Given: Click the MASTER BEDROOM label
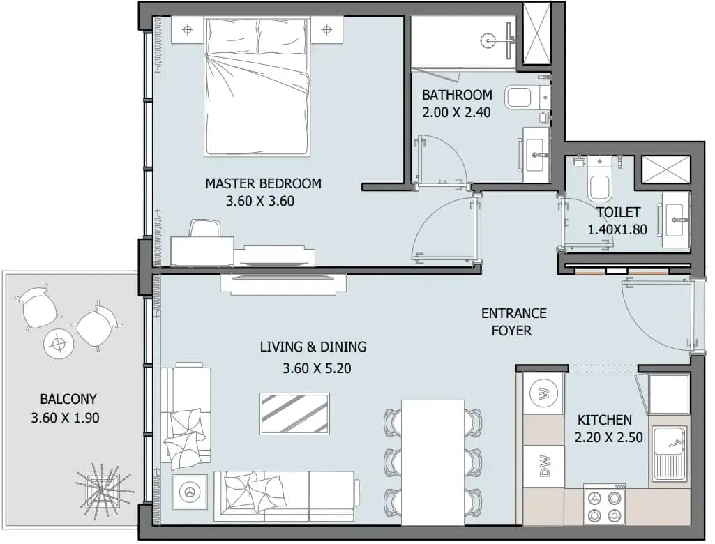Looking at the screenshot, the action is pyautogui.click(x=263, y=183).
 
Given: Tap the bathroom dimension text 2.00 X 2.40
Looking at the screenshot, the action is pyautogui.click(x=456, y=112).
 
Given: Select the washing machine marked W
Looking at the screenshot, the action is pyautogui.click(x=544, y=393).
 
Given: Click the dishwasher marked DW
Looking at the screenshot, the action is pyautogui.click(x=544, y=467).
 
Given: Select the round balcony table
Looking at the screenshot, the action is pyautogui.click(x=58, y=343).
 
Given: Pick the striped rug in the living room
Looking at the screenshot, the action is pyautogui.click(x=294, y=414).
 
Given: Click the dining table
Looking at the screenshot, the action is pyautogui.click(x=432, y=462).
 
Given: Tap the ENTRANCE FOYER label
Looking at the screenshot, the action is pyautogui.click(x=513, y=322).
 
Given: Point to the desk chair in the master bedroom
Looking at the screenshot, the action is pyautogui.click(x=204, y=228).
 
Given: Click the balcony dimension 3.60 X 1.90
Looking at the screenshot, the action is pyautogui.click(x=65, y=417).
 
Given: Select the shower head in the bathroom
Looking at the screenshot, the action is pyautogui.click(x=488, y=40).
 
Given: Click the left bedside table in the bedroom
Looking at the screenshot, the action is pyautogui.click(x=188, y=30).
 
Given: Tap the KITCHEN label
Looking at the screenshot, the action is pyautogui.click(x=604, y=420).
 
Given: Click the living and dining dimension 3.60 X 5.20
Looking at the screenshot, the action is pyautogui.click(x=317, y=368).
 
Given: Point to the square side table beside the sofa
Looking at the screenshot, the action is pyautogui.click(x=190, y=492).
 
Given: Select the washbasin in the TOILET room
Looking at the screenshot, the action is pyautogui.click(x=676, y=220).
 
